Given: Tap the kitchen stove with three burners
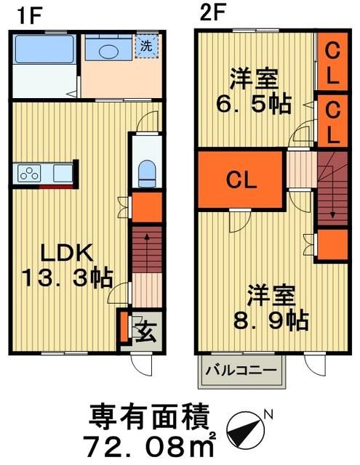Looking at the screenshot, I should point(31,174).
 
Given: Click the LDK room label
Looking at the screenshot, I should point(65,254).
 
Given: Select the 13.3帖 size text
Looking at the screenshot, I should point(65,277).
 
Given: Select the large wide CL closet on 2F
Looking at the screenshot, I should point(239,179).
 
